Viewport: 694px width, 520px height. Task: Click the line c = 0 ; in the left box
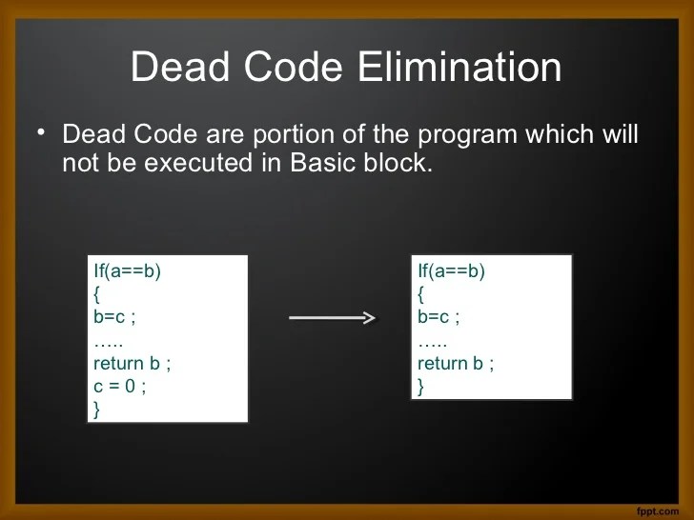tap(120, 387)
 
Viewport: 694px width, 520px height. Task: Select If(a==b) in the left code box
tap(128, 271)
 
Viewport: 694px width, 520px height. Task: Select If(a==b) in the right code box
tap(452, 271)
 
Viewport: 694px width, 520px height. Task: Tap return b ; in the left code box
tap(132, 364)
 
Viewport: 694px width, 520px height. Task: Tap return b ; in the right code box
tap(456, 364)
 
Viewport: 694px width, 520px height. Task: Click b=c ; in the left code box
tap(114, 317)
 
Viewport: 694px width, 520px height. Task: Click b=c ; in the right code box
tap(439, 317)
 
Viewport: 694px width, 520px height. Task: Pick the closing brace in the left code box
tap(96, 410)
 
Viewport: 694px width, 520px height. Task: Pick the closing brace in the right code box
tap(420, 387)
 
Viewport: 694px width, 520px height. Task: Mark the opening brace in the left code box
tap(96, 294)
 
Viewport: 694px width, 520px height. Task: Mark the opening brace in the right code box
tap(420, 294)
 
